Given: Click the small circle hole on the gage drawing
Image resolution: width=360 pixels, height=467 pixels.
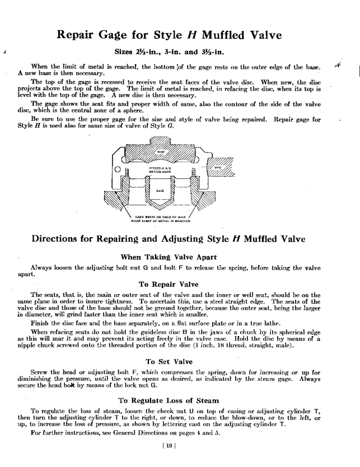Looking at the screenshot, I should pos(118,169).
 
